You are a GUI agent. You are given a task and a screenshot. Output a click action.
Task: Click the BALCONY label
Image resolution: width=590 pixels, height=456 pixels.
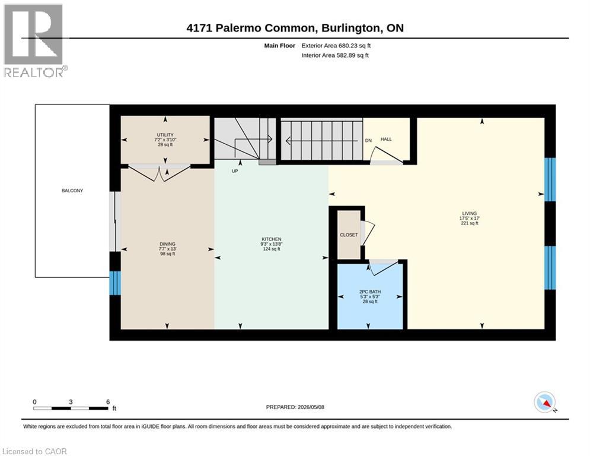(x=72, y=191)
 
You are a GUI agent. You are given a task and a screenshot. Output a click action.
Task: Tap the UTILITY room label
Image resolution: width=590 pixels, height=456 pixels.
(x=165, y=135)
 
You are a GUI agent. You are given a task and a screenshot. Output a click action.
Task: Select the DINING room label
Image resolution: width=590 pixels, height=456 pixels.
(x=167, y=244)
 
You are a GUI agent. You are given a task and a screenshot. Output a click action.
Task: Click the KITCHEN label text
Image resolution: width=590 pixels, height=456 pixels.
(x=272, y=239)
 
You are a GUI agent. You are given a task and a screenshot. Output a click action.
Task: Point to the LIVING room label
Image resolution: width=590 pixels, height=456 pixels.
(x=470, y=213)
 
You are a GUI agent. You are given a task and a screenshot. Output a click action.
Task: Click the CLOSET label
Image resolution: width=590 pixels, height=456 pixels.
(x=349, y=235)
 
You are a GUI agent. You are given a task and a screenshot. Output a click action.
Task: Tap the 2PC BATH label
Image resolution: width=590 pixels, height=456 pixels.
(x=370, y=292)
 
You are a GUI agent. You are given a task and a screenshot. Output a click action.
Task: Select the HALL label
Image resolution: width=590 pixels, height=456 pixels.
(x=386, y=139)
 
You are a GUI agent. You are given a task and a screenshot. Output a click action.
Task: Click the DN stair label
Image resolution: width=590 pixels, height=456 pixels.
(x=368, y=140)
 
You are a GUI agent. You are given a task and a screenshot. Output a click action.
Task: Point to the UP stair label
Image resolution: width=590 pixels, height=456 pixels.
(x=235, y=171)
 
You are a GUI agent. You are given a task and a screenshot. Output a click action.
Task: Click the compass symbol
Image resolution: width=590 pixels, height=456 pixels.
(x=545, y=403)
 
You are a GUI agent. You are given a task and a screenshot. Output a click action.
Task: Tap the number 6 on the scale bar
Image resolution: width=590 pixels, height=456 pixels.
(x=108, y=402)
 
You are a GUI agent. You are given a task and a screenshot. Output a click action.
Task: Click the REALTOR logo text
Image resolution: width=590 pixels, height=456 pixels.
(x=34, y=72)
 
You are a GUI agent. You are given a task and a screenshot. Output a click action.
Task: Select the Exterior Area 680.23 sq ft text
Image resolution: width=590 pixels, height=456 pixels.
(x=336, y=46)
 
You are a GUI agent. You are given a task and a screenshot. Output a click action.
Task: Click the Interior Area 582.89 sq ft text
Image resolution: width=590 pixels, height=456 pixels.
(x=335, y=55)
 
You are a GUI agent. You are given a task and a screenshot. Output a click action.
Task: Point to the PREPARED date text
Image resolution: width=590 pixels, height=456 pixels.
(x=295, y=407)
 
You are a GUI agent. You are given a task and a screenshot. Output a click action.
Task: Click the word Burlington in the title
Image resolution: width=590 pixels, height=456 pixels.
(x=350, y=28)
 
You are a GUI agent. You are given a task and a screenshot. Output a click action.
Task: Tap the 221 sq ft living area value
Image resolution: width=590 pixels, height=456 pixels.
(x=470, y=223)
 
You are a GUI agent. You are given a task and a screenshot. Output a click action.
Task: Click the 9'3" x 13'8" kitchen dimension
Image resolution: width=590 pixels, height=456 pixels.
(x=272, y=244)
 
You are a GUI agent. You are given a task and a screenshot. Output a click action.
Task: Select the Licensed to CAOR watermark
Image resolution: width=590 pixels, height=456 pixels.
(x=34, y=451)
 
